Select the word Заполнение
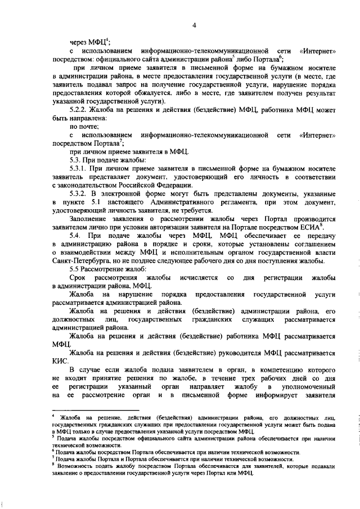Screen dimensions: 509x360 tap(90, 217)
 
